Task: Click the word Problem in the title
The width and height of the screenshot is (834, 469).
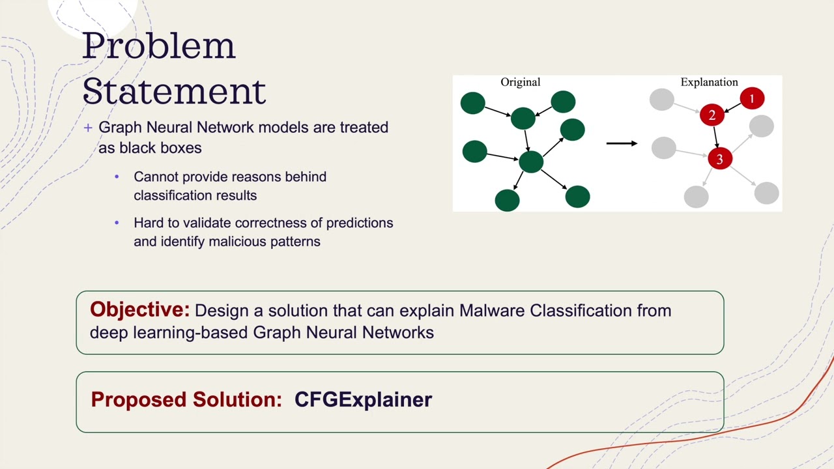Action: pos(158,46)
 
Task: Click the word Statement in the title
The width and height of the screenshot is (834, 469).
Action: pos(174,91)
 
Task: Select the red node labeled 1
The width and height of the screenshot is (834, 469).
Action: pos(752,99)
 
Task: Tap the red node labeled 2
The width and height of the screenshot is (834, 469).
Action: pos(712,116)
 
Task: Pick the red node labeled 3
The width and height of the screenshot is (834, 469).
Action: pos(719,159)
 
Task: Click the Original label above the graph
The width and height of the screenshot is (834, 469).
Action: pos(520,82)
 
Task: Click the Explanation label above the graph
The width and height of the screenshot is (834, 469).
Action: pos(709,82)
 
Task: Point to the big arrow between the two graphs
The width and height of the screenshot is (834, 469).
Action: pos(621,143)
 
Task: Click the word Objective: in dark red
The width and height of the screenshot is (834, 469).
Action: pos(139,309)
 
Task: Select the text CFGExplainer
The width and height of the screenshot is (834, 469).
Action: pos(363,399)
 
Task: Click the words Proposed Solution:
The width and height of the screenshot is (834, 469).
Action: pos(186,399)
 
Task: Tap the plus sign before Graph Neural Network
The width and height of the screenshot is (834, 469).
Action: pos(88,128)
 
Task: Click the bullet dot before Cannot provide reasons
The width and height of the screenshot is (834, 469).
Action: pos(117,177)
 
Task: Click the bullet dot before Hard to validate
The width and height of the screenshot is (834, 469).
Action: pos(117,223)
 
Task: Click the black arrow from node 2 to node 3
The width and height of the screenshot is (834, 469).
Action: pos(715,137)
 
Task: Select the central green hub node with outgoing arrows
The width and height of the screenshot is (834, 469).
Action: pos(531,162)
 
